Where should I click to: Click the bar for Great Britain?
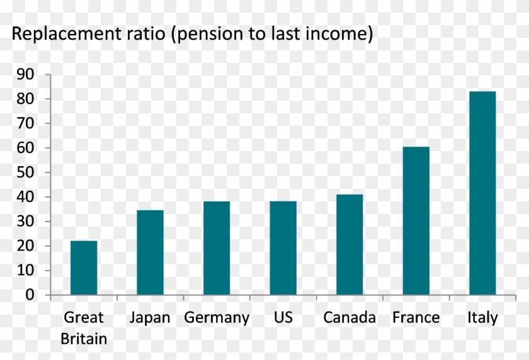pos(84,267)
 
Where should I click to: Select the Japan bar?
pos(150,252)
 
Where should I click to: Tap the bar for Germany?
pos(216,248)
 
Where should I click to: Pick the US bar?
pos(283,248)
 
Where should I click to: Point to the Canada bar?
pos(350,245)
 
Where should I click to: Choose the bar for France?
pos(416,221)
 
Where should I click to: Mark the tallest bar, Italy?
pos(482,193)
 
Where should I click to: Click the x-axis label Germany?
pos(217,318)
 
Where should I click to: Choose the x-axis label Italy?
pos(482,317)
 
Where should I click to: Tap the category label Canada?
pos(350,317)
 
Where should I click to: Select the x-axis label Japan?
pos(150,318)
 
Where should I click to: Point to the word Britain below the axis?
pos(84,339)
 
